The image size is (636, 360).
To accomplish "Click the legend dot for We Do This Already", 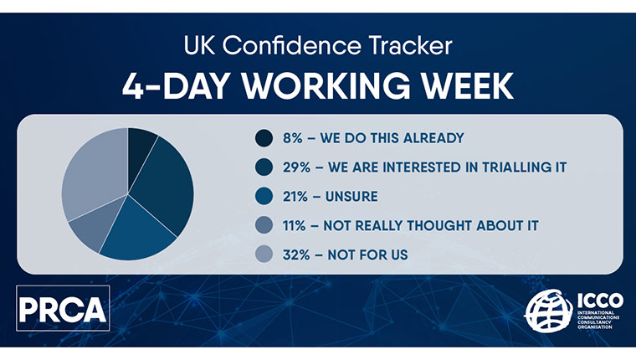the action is tap(264, 138).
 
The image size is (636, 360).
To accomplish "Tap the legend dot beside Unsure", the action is tap(264, 196).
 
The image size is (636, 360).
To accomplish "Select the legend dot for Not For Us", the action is tap(264, 255).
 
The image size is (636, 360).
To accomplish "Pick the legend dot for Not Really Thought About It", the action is tap(264, 225).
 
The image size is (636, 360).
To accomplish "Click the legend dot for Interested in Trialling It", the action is tap(264, 167).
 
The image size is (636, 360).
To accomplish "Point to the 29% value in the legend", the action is tap(296, 167).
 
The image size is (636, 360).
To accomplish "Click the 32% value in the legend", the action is tap(296, 255).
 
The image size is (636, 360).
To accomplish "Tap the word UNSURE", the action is tap(351, 197).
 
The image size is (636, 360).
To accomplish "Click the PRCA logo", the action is tap(63, 308).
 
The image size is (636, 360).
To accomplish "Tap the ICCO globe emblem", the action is tap(549, 311).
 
